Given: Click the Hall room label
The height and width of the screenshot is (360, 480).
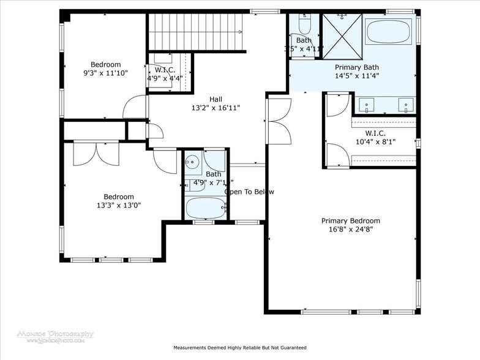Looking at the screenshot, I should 216,99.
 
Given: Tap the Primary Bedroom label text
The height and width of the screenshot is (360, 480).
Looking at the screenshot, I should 351,221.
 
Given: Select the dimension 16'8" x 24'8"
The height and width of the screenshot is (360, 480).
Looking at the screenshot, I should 351,230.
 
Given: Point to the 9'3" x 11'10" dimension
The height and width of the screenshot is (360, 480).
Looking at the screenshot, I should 106,73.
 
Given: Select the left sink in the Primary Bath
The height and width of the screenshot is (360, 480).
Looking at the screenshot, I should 367,105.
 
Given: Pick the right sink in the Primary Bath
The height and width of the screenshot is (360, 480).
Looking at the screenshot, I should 405,105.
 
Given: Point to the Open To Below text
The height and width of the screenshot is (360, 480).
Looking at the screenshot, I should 249,192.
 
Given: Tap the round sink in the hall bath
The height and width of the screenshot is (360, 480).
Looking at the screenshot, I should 192,163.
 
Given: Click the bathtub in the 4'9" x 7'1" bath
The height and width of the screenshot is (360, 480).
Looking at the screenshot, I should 206,208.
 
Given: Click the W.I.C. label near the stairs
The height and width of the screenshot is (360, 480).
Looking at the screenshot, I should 163,70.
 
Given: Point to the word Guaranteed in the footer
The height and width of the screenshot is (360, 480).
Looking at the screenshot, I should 289,348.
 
